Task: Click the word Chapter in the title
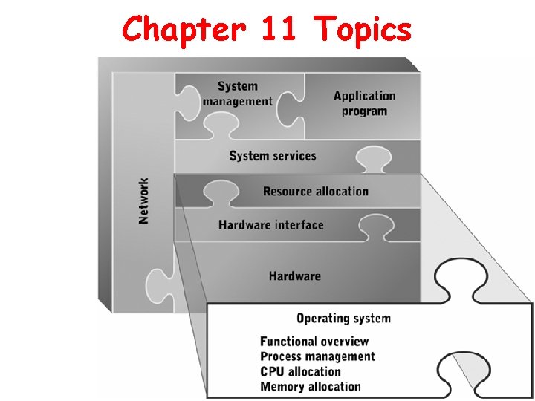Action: [182, 30]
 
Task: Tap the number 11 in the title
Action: [279, 30]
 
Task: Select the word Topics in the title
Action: [363, 30]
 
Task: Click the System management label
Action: [238, 94]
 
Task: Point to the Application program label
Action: [364, 103]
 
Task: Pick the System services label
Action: [273, 156]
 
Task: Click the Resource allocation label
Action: [316, 192]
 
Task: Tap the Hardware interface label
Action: [271, 225]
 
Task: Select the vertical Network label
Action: [144, 200]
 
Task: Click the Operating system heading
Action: [343, 319]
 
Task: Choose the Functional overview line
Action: [314, 342]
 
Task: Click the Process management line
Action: [317, 356]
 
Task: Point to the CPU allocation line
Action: [300, 371]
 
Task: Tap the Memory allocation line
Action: [311, 386]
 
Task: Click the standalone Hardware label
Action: [295, 276]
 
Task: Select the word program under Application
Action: [364, 111]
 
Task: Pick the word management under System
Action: [238, 102]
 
